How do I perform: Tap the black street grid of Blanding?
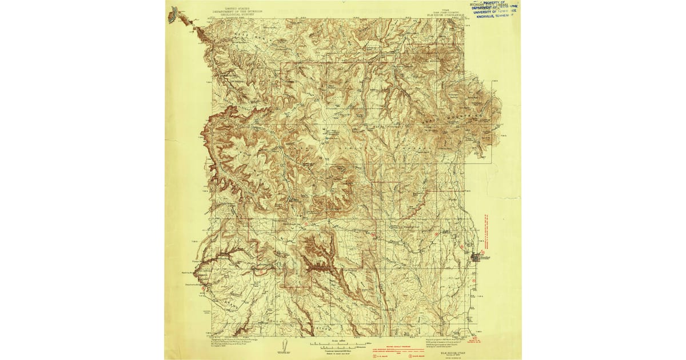(476, 258)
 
